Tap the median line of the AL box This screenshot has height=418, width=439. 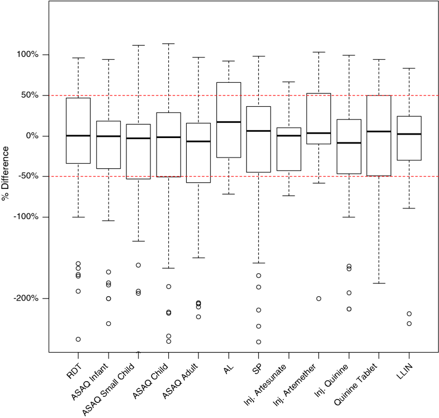(x=229, y=122)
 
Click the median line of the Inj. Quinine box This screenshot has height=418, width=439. (x=349, y=143)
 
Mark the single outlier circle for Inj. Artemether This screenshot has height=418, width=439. (x=319, y=298)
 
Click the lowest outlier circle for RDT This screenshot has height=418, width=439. (x=78, y=339)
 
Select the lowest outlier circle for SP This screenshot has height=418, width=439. (x=258, y=342)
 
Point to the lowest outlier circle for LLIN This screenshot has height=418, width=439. (x=409, y=324)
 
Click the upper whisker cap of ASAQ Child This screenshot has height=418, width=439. (x=168, y=44)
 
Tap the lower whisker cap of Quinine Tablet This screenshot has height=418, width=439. (x=379, y=283)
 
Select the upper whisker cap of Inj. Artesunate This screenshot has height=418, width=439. (x=289, y=82)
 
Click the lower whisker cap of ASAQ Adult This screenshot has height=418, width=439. (x=199, y=258)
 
